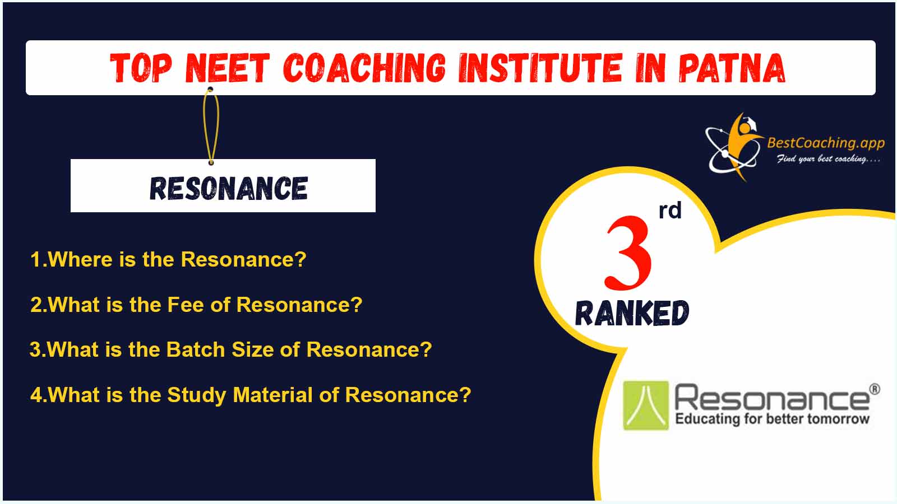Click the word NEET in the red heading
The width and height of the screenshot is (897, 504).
coord(227,68)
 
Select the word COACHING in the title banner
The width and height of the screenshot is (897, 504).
coord(364,68)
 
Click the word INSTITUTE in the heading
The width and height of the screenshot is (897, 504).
coord(540,68)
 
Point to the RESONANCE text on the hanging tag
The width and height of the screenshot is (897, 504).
coord(229,188)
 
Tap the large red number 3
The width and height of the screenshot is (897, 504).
coord(628,253)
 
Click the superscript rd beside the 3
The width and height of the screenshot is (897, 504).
coord(670,211)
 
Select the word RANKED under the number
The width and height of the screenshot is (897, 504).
coord(632,313)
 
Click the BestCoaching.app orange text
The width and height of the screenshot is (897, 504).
coord(826,143)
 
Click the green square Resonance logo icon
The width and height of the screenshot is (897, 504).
coord(646,405)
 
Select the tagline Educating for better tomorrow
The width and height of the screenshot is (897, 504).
coord(773,419)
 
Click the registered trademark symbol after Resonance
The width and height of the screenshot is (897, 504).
coord(875,389)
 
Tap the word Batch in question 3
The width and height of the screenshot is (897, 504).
coord(196,349)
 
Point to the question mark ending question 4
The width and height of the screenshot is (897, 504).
coord(465,395)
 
